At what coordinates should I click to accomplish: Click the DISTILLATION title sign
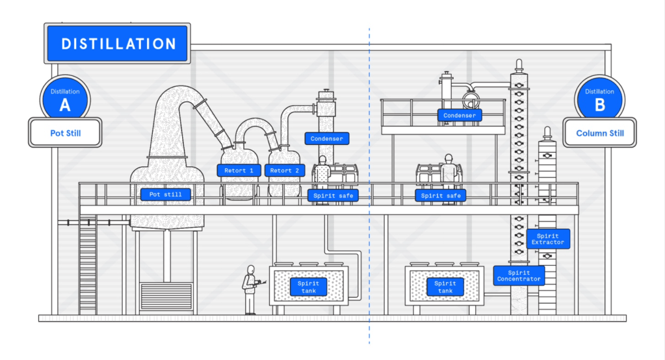(x=118, y=44)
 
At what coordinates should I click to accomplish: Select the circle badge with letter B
(x=599, y=99)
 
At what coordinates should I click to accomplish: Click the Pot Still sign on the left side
(x=65, y=133)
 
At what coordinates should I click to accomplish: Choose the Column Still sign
(x=599, y=133)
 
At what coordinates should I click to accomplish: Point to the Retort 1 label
(x=239, y=171)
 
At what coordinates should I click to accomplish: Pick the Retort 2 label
(x=285, y=171)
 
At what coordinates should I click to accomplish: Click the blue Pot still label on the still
(x=166, y=194)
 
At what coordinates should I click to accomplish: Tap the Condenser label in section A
(x=326, y=138)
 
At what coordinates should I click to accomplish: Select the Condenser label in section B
(x=460, y=116)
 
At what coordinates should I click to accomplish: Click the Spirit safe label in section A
(x=332, y=195)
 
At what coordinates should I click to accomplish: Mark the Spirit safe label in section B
(x=441, y=195)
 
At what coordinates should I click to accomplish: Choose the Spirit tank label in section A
(x=309, y=287)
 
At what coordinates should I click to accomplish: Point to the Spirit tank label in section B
(x=445, y=287)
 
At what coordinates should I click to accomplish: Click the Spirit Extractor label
(x=548, y=238)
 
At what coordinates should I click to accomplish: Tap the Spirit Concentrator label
(x=519, y=276)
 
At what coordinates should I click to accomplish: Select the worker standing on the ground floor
(x=250, y=290)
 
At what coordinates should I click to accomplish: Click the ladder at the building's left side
(x=88, y=264)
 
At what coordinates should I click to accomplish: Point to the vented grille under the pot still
(x=166, y=296)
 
